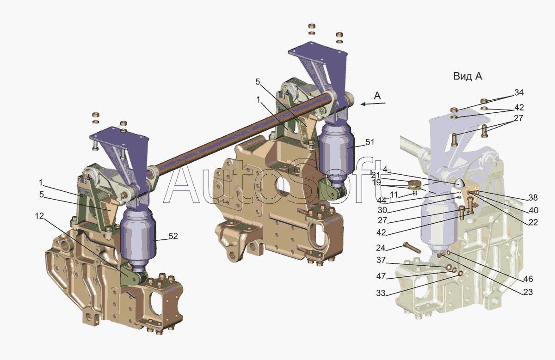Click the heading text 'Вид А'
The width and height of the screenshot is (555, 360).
[468, 76]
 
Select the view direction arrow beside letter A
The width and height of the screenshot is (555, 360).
[373, 104]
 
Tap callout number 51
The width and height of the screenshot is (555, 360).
[370, 142]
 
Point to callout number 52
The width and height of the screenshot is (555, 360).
[173, 236]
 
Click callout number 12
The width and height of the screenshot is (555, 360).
[39, 216]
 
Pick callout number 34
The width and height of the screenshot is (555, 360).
[519, 92]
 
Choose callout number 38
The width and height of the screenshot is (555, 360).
[533, 197]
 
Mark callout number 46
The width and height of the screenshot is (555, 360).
[528, 279]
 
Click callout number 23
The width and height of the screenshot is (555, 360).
[528, 292]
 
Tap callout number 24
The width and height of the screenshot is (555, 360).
[381, 248]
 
